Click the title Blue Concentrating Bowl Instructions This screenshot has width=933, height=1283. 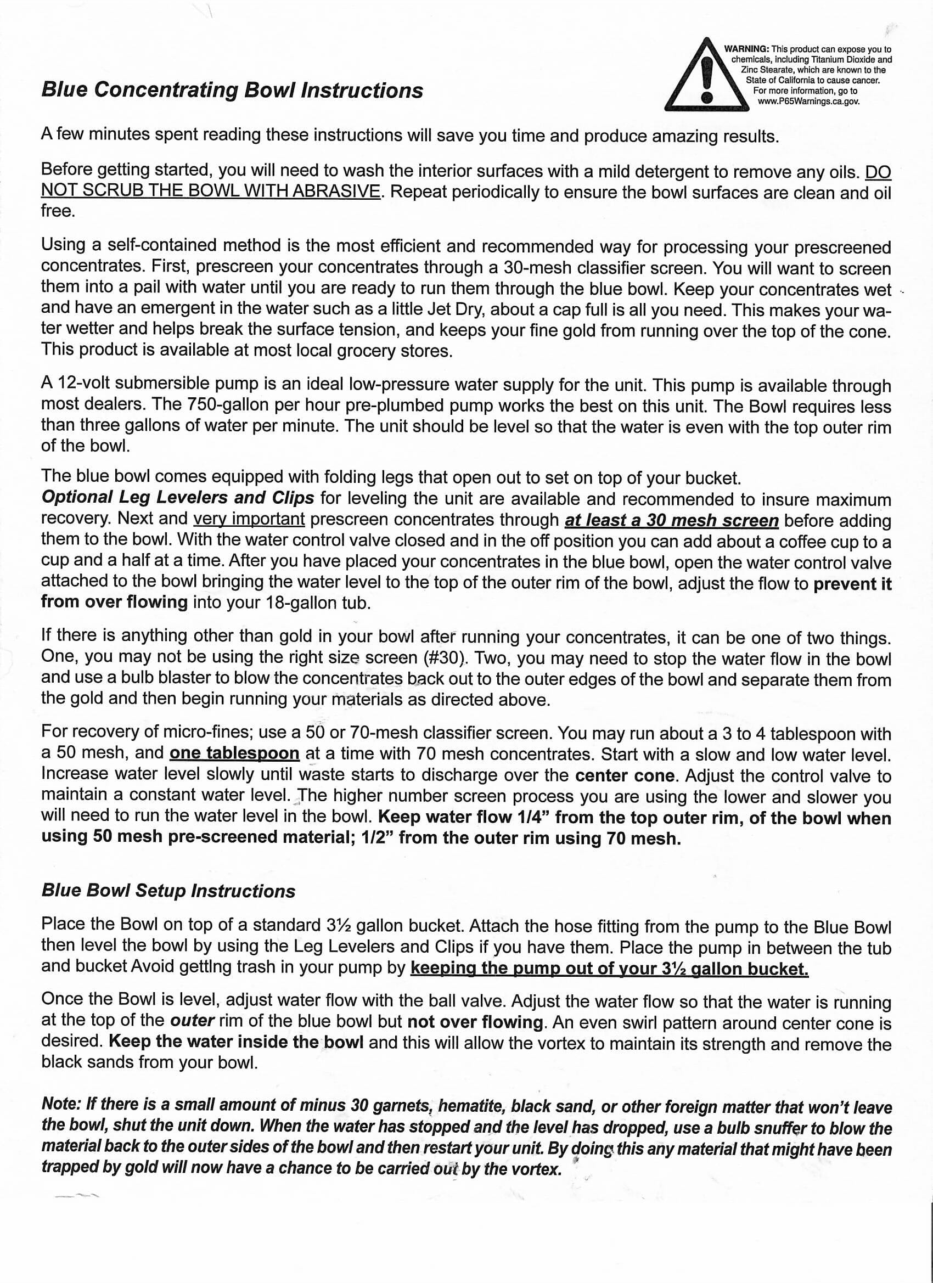(x=232, y=90)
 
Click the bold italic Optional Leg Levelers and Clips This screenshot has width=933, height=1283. (x=178, y=497)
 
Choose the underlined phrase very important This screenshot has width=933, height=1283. (x=249, y=518)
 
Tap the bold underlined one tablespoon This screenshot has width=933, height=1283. (x=234, y=753)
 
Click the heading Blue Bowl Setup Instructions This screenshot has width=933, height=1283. (x=168, y=891)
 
